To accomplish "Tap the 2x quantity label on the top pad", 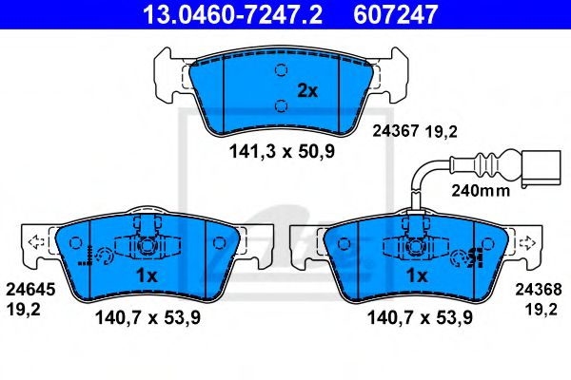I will (x=305, y=91).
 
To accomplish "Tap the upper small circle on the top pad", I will (x=280, y=69).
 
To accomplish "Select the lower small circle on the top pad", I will (x=280, y=104).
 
